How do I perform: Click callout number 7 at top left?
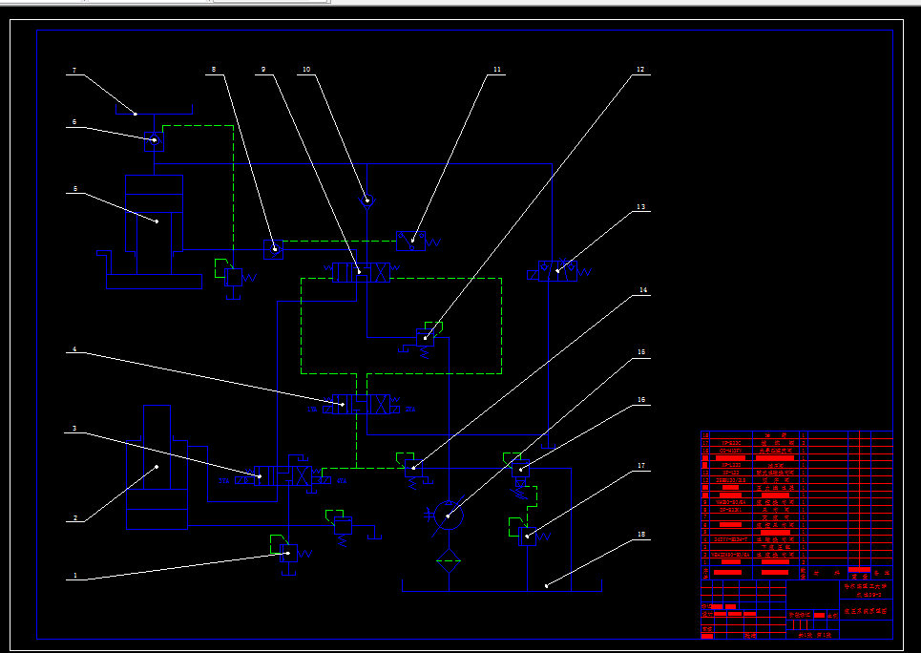pyautogui.click(x=73, y=71)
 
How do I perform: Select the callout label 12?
pyautogui.click(x=640, y=70)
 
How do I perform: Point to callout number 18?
pyautogui.click(x=641, y=536)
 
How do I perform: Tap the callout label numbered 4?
pyautogui.click(x=73, y=350)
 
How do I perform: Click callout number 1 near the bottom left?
pyautogui.click(x=73, y=576)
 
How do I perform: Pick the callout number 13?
pyautogui.click(x=641, y=207)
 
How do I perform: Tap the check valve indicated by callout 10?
pyautogui.click(x=366, y=200)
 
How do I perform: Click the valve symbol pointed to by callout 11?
pyautogui.click(x=411, y=241)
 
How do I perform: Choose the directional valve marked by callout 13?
pyautogui.click(x=557, y=273)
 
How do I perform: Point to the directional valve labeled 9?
pyautogui.click(x=359, y=273)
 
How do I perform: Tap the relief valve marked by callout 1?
pyautogui.click(x=288, y=552)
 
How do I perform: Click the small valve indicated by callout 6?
pyautogui.click(x=154, y=141)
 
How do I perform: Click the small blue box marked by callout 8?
pyautogui.click(x=273, y=249)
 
